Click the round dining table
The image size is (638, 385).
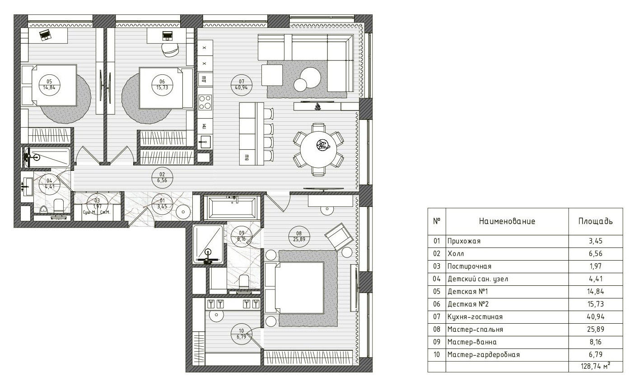318,149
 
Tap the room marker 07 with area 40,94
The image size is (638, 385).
241,85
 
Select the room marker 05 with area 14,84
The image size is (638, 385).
49,85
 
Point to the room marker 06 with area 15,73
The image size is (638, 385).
162,85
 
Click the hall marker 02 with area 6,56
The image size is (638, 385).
162,178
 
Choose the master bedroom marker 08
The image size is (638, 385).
299,237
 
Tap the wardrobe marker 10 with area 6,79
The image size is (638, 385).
241,334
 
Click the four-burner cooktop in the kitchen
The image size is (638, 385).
205,102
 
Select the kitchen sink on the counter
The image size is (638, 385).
205,142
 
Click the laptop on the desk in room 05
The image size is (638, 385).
45,35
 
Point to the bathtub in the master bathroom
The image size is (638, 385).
233,208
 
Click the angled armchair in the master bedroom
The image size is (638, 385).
339,237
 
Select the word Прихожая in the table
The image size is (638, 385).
464,241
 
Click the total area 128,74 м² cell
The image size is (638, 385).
596,366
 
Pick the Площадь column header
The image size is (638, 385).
595,221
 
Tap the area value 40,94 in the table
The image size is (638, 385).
596,317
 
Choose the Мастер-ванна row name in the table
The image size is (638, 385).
472,342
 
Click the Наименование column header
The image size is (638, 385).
507,221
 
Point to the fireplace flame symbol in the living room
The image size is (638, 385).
318,107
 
